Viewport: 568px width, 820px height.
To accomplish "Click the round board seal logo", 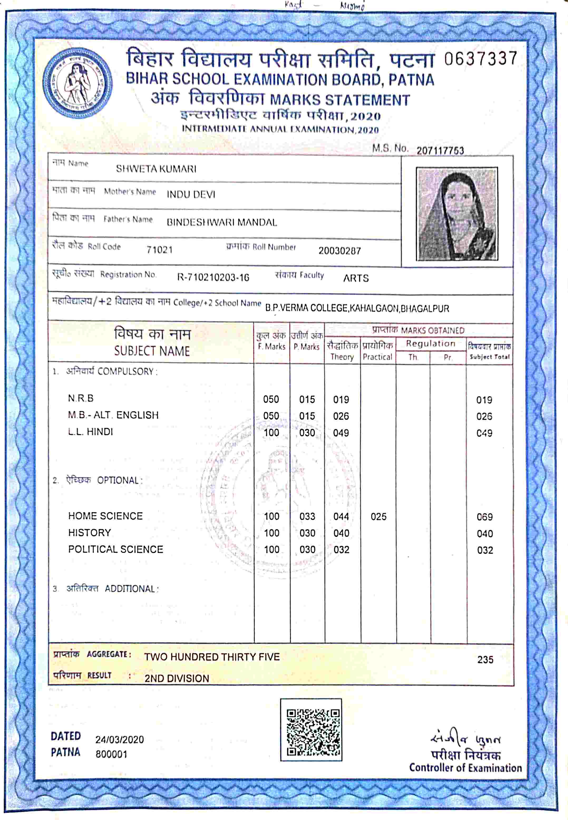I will click(x=77, y=83).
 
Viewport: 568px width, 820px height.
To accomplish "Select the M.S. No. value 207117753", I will click(x=440, y=151).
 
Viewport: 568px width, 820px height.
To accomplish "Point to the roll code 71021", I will click(x=159, y=250).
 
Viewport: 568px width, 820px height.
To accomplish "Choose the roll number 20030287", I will click(x=339, y=251).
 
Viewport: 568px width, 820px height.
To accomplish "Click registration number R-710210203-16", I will click(x=213, y=277).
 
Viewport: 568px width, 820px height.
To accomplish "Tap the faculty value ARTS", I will click(x=356, y=278).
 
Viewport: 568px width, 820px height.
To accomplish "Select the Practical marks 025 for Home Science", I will click(x=378, y=517).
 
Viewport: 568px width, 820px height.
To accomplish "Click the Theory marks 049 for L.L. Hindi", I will click(x=341, y=433).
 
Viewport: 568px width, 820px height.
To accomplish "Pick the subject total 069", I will click(x=485, y=517).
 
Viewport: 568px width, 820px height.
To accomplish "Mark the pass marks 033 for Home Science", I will click(x=307, y=516).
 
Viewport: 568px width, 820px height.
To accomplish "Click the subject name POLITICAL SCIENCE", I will click(x=116, y=549).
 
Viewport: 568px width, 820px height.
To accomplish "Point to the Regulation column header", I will click(x=431, y=343).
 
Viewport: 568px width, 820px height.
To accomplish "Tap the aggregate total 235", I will click(x=485, y=660).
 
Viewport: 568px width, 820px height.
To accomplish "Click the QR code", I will click(x=311, y=730).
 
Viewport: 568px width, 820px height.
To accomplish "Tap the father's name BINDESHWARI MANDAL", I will click(x=222, y=223).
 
